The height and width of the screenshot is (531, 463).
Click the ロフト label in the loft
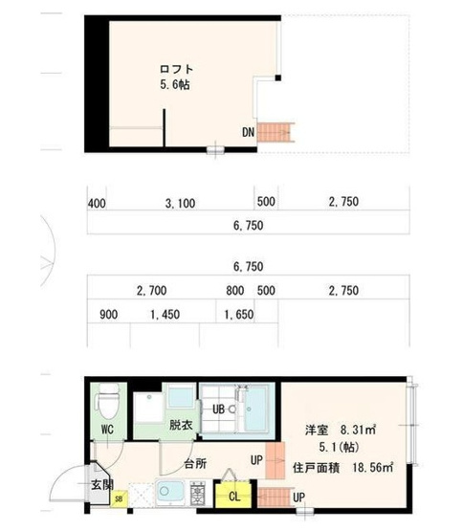tap(176, 69)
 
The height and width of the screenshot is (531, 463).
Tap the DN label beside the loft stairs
tap(248, 132)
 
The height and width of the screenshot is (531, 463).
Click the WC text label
tap(107, 430)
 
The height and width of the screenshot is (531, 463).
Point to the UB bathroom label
tap(218, 409)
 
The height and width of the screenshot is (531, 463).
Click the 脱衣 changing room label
tap(181, 425)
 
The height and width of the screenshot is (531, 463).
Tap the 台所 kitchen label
tap(195, 464)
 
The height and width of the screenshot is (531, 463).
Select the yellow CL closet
tap(233, 497)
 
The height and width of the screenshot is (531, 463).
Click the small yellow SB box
tap(119, 498)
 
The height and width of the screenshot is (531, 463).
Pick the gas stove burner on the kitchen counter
tap(198, 493)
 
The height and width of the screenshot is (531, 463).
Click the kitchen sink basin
tap(170, 492)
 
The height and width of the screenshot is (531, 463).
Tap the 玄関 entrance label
tap(102, 485)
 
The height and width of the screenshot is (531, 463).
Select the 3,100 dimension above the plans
tap(180, 203)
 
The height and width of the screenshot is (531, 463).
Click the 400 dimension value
tap(97, 204)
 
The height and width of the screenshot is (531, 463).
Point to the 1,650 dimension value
tap(239, 315)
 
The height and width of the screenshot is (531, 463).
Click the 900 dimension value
tap(109, 315)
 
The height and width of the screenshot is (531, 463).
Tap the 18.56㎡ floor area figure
tap(373, 468)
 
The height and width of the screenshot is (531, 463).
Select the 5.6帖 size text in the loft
tap(175, 84)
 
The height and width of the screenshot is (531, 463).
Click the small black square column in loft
tap(277, 77)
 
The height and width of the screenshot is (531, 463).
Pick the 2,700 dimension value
tap(151, 291)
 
